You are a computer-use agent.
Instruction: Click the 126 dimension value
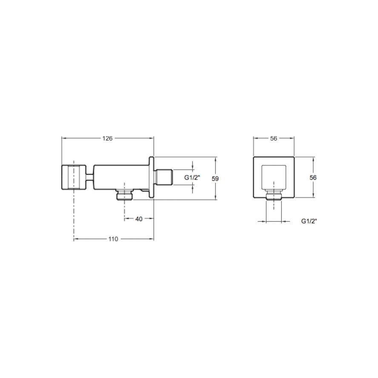coord(107,138)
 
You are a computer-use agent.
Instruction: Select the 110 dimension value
coord(113,239)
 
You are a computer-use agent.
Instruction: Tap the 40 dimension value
coord(139,219)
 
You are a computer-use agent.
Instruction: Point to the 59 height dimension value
coord(215,179)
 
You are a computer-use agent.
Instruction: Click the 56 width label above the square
coord(274,138)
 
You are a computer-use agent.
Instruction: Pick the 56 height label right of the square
coord(313,178)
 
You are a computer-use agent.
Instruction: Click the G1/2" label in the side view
coord(192,178)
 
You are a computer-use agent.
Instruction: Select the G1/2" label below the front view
coord(309,221)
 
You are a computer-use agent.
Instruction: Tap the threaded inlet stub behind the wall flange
coord(164,178)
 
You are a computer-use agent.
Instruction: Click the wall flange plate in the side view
coord(152,178)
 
